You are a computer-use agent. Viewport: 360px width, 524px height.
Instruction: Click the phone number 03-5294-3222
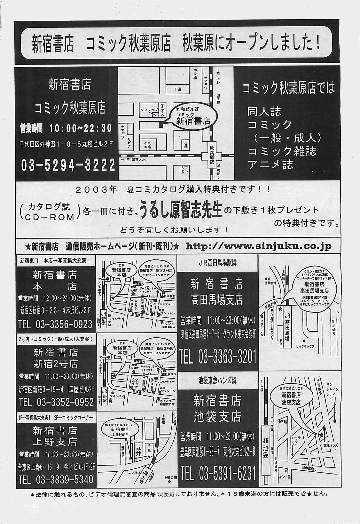click(x=68, y=166)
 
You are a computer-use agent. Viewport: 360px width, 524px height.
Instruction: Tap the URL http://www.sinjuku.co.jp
click(x=258, y=246)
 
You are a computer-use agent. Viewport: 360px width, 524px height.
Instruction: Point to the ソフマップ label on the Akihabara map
click(x=149, y=110)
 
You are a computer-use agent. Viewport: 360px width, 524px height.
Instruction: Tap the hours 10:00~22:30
click(x=81, y=129)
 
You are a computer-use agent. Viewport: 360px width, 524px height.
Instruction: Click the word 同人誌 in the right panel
click(x=264, y=112)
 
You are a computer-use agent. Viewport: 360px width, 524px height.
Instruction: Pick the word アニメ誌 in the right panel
click(x=270, y=165)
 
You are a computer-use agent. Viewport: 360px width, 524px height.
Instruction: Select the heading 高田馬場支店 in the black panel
click(x=216, y=300)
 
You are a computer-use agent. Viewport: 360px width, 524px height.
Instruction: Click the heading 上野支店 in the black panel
click(x=55, y=442)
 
